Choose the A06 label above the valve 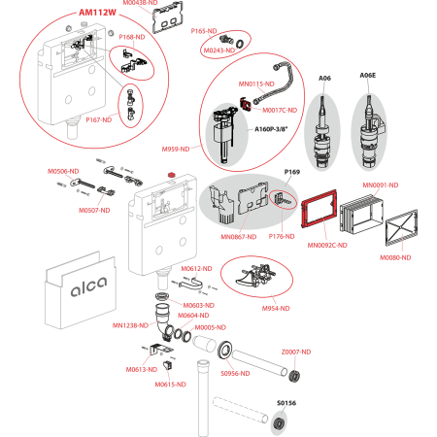324,77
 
